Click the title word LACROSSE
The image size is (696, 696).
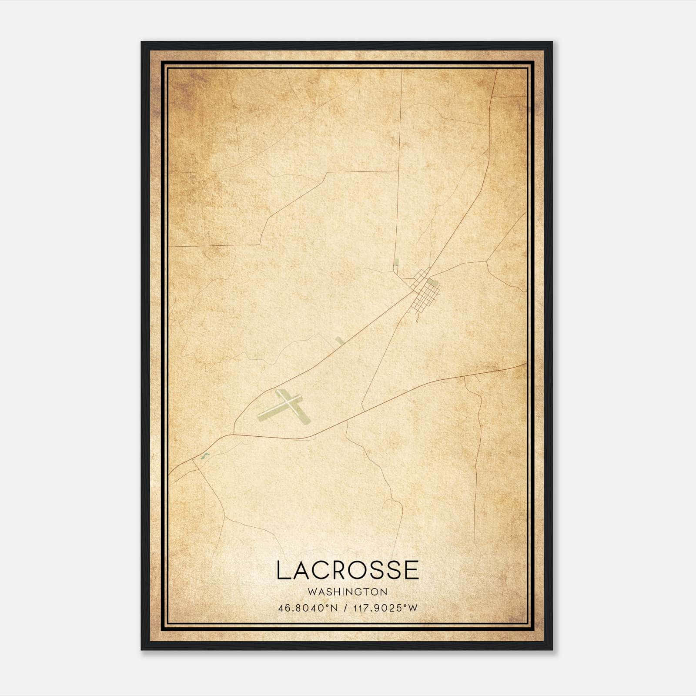coord(348,570)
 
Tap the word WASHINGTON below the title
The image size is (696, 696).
coord(348,592)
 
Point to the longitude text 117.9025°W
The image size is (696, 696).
coord(384,608)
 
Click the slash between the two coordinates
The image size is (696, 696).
coord(345,608)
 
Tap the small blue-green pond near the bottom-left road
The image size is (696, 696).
coord(204,456)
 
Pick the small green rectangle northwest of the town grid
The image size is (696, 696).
coord(396,263)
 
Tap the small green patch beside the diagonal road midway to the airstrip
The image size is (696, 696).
coord(339,340)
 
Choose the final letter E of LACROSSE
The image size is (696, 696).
coord(411,570)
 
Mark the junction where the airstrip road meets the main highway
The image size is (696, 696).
coord(234,434)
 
